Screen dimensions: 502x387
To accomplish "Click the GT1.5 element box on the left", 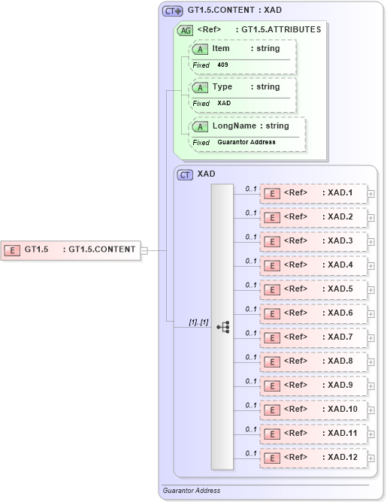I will coord(71,249).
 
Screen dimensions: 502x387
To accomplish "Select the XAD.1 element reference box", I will coord(313,193).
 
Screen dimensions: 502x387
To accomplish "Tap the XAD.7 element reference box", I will coord(313,337).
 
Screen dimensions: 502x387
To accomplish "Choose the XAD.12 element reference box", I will coord(313,458).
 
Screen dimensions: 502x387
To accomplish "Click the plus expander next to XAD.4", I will coord(371,265).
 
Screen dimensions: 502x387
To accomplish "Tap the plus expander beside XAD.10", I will coord(371,410).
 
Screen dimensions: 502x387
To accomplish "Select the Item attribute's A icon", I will coord(201,49).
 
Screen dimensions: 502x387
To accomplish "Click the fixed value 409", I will coord(222,65).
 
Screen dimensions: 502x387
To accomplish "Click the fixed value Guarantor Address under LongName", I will coord(246,142).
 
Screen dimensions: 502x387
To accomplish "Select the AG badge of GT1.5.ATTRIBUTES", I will coord(184,31).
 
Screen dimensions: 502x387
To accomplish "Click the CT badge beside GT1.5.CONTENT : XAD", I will coord(173,11).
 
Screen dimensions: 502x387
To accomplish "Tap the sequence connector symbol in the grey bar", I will coord(223,326).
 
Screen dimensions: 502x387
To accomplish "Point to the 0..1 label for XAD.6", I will coord(251,309).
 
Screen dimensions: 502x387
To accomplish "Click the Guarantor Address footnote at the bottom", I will coord(192,491).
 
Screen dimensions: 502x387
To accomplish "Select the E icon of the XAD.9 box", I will coord(271,386).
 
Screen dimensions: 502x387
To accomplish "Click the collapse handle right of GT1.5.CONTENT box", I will coord(144,249).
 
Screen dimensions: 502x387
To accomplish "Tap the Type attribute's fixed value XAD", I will coord(224,103).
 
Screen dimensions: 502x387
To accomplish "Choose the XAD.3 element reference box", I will coord(313,241).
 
